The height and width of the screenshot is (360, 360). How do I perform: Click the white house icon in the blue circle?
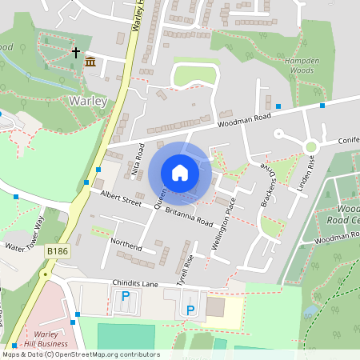(x=180, y=172)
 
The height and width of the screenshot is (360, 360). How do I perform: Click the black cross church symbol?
(x=77, y=54)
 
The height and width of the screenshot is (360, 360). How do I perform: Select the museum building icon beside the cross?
(x=90, y=62)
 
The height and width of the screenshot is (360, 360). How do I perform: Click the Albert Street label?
(x=115, y=198)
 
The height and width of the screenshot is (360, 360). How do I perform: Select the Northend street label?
(x=126, y=244)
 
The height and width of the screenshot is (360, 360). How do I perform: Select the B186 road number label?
(x=56, y=251)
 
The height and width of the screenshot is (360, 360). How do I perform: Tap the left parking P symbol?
(x=126, y=296)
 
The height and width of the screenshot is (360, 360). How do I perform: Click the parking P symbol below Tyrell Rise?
(x=190, y=310)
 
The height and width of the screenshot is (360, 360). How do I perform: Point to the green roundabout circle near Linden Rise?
(x=310, y=146)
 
